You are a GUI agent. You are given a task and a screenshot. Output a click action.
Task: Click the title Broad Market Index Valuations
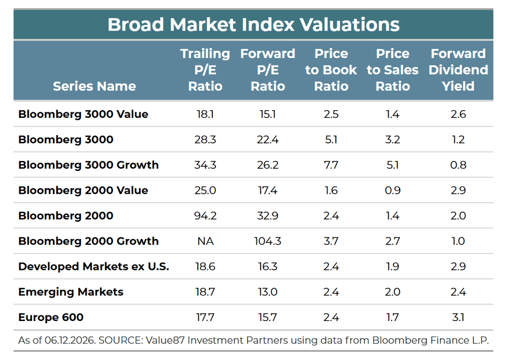253,24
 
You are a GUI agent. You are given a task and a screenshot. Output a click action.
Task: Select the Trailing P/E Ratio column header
205,70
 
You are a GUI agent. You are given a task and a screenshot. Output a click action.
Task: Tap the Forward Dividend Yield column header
458,70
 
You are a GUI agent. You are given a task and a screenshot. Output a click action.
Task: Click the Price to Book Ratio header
331,70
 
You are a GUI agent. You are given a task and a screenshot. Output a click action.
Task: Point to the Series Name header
94,86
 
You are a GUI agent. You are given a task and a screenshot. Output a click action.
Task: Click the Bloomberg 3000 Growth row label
88,165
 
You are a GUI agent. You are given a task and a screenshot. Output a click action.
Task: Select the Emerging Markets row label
71,292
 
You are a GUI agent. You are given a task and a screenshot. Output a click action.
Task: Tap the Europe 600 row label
51,317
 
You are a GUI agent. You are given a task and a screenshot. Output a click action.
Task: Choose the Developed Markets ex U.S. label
93,266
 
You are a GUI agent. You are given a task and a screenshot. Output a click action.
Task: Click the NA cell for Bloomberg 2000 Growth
206,241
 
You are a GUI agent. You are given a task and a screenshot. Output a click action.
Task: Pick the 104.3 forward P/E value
267,241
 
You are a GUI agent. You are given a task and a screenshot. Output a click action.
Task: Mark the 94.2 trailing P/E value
205,216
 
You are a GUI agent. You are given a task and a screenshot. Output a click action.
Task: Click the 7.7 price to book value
331,165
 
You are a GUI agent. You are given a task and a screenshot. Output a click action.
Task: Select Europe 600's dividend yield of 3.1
458,317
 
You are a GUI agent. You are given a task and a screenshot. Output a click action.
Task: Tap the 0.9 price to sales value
393,190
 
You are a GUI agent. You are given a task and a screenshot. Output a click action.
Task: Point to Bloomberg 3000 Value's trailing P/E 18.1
205,114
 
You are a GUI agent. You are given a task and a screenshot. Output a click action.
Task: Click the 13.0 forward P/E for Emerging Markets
267,292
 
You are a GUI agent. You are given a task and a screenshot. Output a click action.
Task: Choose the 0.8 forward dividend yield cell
458,165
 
